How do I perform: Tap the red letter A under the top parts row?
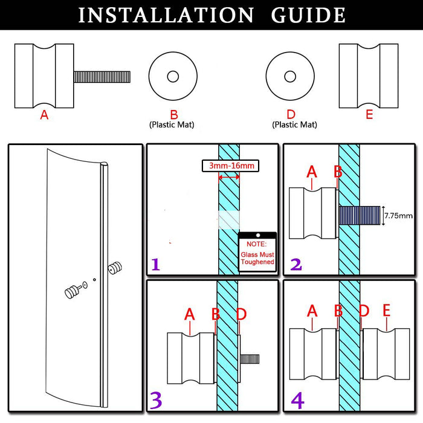tap(44, 114)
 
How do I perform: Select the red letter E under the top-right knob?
tap(369, 114)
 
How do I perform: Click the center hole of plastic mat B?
tap(173, 77)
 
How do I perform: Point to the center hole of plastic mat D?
tap(291, 77)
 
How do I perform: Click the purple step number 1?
tap(156, 264)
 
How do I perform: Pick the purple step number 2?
tap(295, 264)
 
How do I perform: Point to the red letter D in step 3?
tap(241, 314)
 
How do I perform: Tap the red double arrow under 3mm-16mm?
tap(228, 177)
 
